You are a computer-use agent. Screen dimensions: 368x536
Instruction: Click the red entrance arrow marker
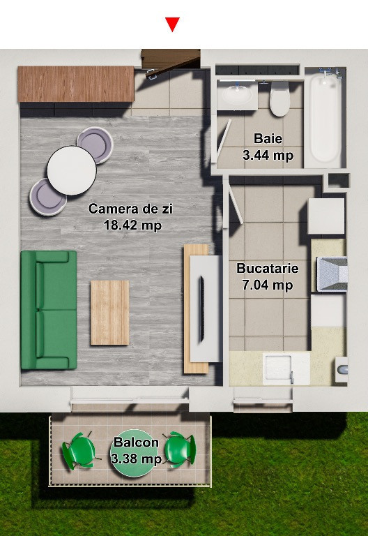tap(172, 24)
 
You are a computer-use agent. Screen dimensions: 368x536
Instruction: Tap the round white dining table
tap(72, 170)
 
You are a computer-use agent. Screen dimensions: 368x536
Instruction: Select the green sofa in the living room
tap(49, 310)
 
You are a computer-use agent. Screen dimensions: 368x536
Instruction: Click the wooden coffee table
tap(109, 313)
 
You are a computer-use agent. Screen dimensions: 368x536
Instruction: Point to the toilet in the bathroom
tap(279, 98)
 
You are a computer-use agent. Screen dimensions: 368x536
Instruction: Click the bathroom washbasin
tap(237, 96)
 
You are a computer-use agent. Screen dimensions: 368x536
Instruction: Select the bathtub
tap(325, 118)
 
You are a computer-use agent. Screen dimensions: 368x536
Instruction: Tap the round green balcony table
tap(135, 453)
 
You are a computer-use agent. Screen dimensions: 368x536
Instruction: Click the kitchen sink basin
tap(279, 368)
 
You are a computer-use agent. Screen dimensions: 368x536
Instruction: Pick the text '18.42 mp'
tap(133, 225)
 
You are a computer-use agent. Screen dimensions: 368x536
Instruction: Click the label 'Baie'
tap(268, 138)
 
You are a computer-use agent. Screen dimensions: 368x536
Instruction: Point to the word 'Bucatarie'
tap(268, 268)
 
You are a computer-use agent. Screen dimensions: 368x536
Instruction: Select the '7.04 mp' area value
tap(268, 285)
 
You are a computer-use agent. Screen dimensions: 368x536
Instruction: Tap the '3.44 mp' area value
tap(268, 155)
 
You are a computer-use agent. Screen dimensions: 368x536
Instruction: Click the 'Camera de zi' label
tap(131, 209)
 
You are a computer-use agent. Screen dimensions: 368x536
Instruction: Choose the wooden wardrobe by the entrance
tap(76, 84)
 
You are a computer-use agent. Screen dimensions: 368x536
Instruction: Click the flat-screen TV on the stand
tap(201, 309)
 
